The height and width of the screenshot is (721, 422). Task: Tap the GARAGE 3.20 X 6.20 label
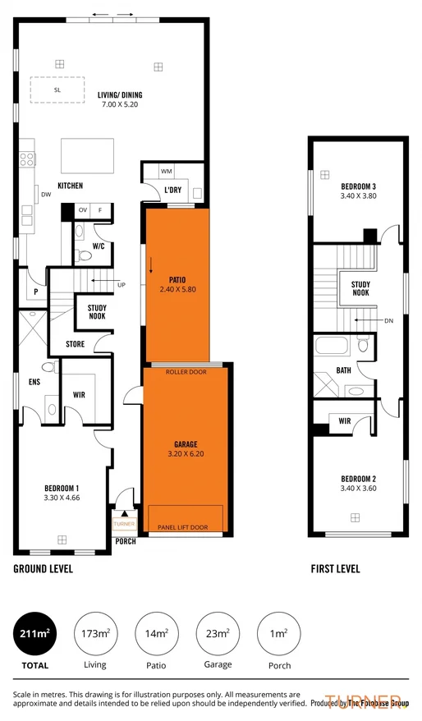186,448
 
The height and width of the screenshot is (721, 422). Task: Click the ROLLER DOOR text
186,372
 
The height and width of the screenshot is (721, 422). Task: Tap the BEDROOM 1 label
62,492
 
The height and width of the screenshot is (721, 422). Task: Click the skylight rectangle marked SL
57,90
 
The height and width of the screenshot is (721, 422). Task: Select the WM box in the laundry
166,172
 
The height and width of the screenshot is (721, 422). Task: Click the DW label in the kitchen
46,195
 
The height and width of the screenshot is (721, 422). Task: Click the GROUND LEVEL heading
43,568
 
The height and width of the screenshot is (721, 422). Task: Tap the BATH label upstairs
343,370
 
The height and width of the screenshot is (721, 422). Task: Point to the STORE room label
76,344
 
